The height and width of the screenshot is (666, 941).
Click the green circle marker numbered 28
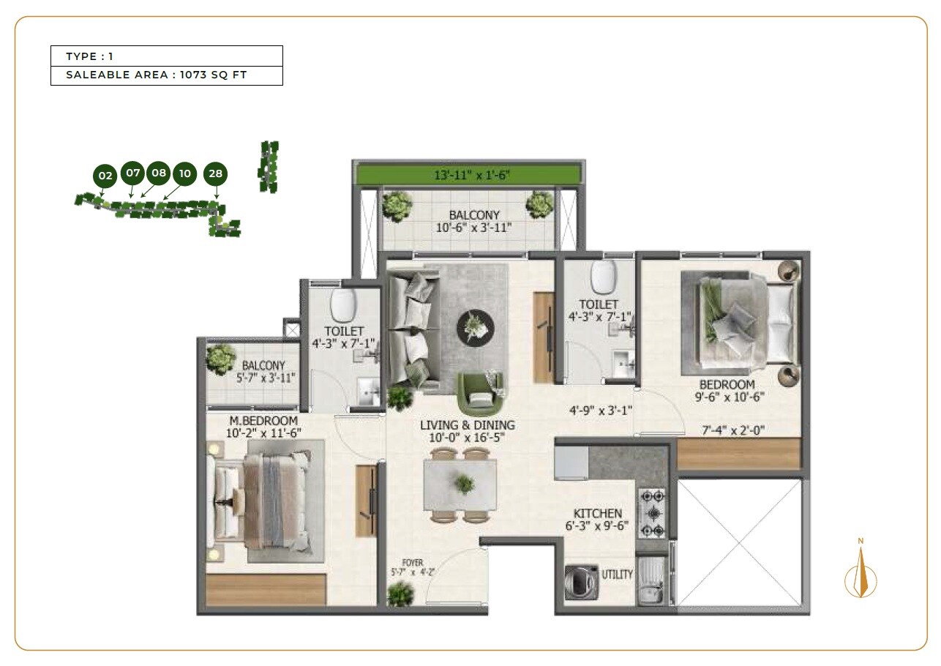(x=215, y=173)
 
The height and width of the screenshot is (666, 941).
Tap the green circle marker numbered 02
(x=105, y=176)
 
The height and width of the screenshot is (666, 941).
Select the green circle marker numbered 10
(x=184, y=173)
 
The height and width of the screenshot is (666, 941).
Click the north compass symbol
(x=861, y=575)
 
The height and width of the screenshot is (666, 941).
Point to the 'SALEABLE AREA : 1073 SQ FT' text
(x=157, y=75)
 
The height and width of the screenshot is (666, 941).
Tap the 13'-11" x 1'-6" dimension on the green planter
(x=468, y=174)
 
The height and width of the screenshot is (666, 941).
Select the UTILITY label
(x=618, y=575)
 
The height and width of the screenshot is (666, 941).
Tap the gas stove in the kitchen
(x=651, y=513)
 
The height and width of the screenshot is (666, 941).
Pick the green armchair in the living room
(x=480, y=394)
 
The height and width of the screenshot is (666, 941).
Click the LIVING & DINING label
(x=467, y=425)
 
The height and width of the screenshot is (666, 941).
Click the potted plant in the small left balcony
(x=220, y=359)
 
